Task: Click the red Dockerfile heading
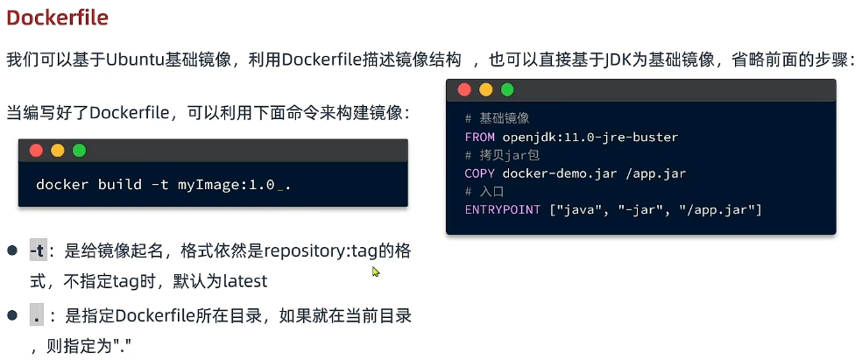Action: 58,18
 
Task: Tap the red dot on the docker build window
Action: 36,151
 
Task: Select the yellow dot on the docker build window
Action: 58,151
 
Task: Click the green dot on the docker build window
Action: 79,151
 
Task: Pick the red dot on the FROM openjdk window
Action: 464,90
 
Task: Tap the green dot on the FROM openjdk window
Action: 507,90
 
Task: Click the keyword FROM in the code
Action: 480,137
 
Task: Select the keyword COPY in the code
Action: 480,173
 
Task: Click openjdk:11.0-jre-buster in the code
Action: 590,137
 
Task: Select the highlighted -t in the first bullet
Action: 38,251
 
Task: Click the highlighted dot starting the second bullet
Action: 38,315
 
